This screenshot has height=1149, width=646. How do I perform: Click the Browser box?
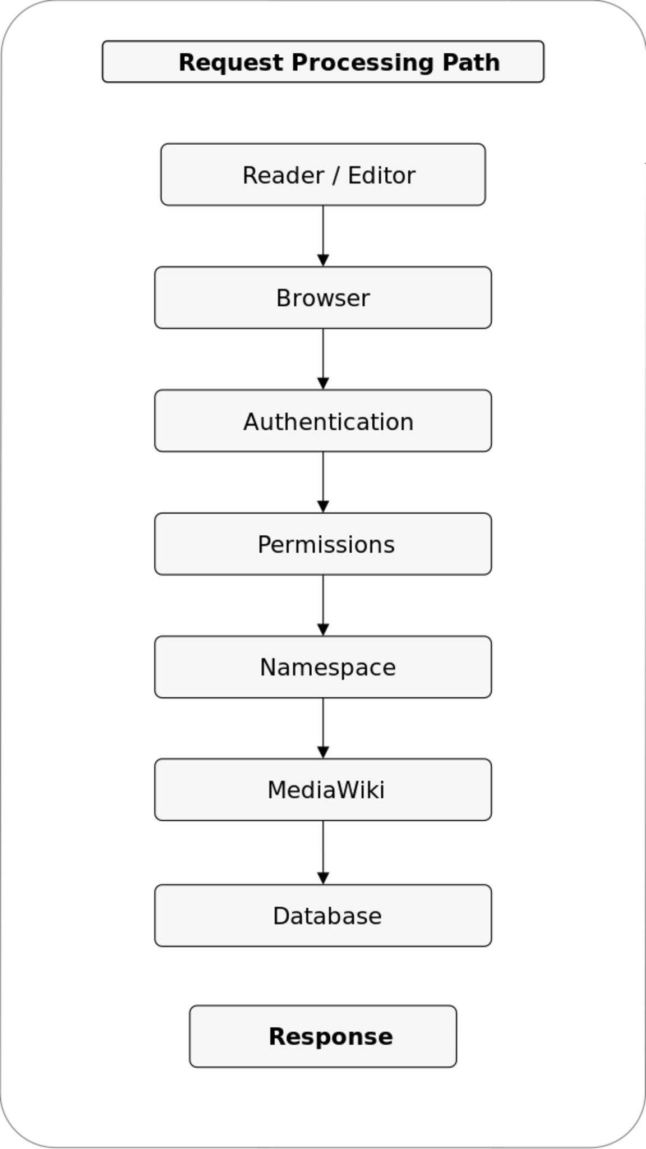(x=323, y=297)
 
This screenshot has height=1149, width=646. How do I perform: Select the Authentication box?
(x=323, y=421)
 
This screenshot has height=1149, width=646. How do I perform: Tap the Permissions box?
(x=323, y=544)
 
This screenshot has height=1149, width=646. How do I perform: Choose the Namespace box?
(x=323, y=667)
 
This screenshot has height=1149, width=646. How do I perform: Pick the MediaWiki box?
(x=323, y=789)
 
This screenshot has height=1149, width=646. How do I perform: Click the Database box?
(x=323, y=916)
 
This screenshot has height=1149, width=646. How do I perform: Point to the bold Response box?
(x=323, y=1036)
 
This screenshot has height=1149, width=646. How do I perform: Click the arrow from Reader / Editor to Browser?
(x=323, y=236)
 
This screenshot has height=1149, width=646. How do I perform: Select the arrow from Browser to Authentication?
(x=323, y=359)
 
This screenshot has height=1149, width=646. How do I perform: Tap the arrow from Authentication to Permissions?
(x=323, y=482)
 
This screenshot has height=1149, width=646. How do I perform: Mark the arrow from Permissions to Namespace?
(x=323, y=605)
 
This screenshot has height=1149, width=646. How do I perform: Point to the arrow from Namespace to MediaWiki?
(x=323, y=728)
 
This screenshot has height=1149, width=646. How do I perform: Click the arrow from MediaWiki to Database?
(x=323, y=853)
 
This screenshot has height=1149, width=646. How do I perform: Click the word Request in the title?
(x=230, y=63)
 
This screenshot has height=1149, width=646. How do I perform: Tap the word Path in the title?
(x=471, y=62)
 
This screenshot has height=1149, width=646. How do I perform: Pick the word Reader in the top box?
(x=283, y=175)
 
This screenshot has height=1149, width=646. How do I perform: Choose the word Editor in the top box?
(x=382, y=175)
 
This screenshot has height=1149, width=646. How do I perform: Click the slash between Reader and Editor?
(x=336, y=176)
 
